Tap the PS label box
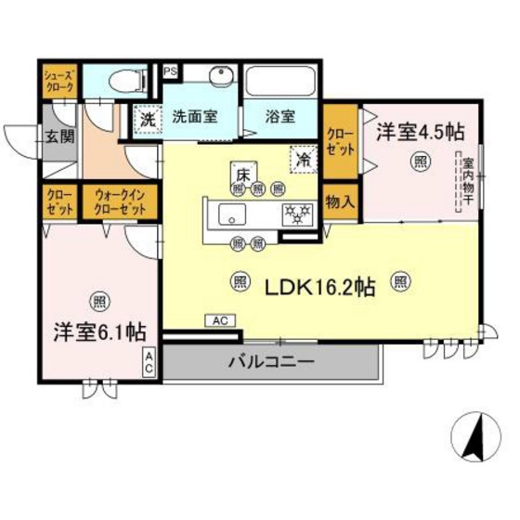point(170,71)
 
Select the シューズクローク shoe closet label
point(58,80)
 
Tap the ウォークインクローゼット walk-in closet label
point(120,202)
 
